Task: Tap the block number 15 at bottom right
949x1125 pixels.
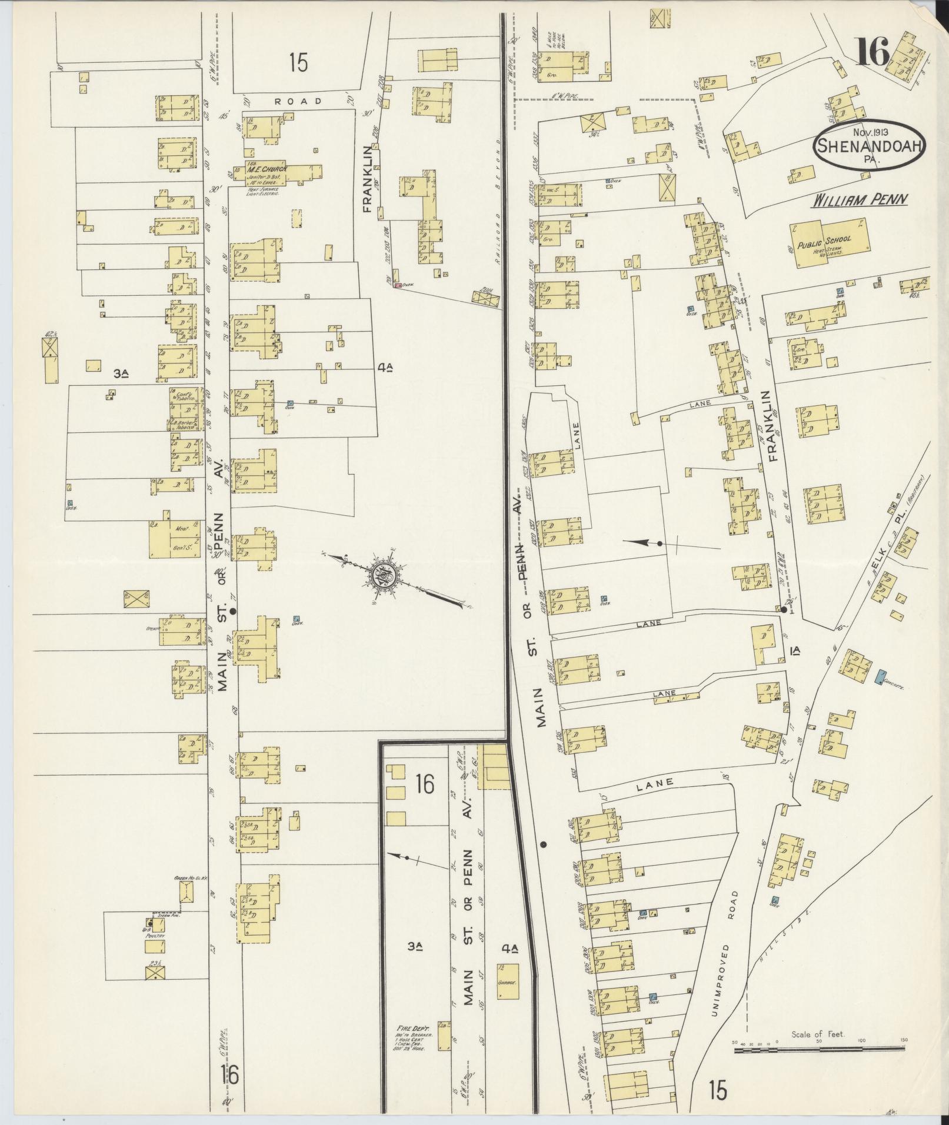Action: (718, 1089)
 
